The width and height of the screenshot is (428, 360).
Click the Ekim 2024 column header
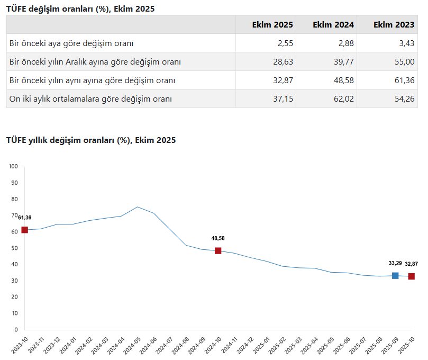click(x=333, y=25)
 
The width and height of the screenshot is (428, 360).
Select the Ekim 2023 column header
click(x=394, y=25)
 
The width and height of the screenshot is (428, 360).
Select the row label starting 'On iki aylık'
click(x=91, y=99)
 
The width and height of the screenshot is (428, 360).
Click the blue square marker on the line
click(x=395, y=275)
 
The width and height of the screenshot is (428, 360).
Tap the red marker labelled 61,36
click(x=24, y=230)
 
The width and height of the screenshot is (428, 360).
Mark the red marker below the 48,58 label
click(x=218, y=250)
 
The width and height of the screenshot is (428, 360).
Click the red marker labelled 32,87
click(x=411, y=276)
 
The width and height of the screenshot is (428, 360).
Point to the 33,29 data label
click(x=395, y=263)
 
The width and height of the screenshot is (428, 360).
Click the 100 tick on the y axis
click(x=14, y=167)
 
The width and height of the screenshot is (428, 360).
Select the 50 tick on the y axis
click(x=15, y=248)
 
